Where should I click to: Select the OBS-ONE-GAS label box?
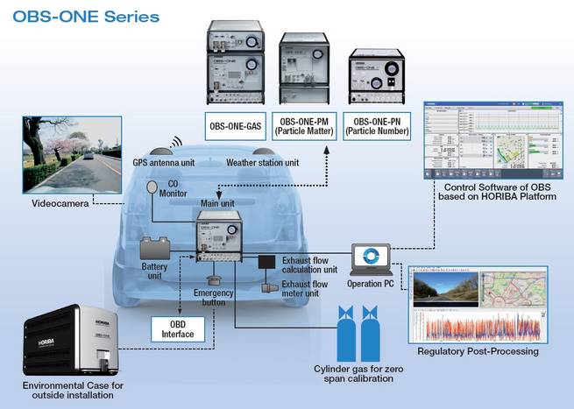point(235,125)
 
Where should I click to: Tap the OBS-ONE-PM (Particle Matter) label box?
point(303,125)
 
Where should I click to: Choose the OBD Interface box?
point(180,328)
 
